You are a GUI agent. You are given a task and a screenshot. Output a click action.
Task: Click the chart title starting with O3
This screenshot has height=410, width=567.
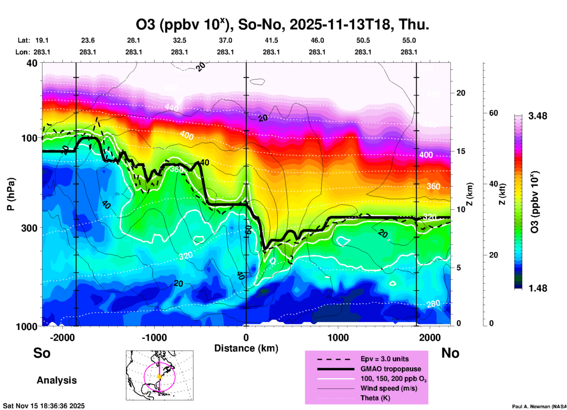(282, 24)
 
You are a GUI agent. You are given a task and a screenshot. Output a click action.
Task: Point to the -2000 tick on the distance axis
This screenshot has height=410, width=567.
(62, 337)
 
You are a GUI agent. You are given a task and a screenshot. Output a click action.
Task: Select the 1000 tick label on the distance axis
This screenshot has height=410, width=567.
(338, 337)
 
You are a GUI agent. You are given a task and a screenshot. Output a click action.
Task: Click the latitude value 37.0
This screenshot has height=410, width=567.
(225, 41)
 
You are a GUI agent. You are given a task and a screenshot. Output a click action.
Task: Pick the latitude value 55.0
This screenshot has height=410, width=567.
(409, 41)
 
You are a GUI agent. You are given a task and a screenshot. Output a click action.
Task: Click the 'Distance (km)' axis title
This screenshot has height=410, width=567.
(246, 348)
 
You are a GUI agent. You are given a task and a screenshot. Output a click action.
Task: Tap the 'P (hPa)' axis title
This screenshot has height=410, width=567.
(11, 194)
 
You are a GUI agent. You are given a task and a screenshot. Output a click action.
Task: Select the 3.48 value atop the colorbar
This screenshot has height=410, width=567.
(538, 116)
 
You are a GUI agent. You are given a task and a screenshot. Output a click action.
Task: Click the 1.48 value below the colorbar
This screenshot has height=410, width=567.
(538, 288)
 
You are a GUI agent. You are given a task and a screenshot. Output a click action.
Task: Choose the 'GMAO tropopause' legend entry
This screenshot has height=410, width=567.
(391, 369)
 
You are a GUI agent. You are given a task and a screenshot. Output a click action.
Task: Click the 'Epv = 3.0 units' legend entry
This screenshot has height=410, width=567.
(384, 359)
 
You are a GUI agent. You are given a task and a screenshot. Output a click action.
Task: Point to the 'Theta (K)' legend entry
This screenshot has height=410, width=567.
(375, 398)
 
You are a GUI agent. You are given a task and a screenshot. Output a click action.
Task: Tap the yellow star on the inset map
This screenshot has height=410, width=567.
(160, 377)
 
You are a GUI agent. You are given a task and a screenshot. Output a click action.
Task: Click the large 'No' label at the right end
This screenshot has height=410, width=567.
(450, 353)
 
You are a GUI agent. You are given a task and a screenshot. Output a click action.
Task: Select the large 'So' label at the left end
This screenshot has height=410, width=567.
(42, 353)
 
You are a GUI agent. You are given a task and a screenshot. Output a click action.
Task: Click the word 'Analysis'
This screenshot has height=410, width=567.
(57, 380)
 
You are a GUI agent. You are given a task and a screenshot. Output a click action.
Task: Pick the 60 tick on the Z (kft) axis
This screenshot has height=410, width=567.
(493, 113)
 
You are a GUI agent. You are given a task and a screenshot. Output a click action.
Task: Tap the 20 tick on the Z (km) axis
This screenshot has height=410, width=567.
(461, 93)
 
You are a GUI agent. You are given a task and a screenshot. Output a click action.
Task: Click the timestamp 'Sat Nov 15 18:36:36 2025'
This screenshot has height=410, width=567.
(44, 406)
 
